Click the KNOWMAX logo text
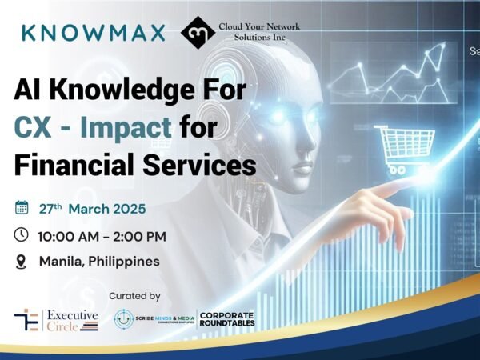94,33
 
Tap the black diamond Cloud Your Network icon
197,33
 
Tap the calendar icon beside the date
22,209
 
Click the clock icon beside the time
22,235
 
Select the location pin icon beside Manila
22,261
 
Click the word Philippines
122,262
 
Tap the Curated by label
134,296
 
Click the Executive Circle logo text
72,320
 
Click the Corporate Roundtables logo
226,319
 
